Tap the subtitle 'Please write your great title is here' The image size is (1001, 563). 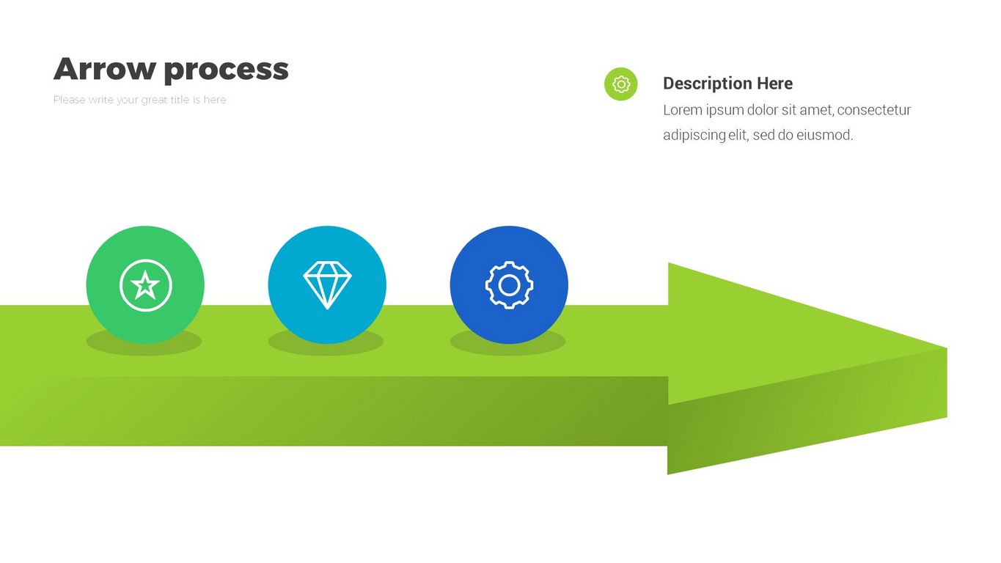click(x=139, y=100)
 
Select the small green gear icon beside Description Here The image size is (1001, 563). click(x=620, y=84)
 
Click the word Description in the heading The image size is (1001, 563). click(x=707, y=84)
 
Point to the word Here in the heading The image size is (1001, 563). click(x=774, y=84)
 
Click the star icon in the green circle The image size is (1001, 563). click(x=145, y=284)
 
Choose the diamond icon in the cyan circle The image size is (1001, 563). click(x=327, y=284)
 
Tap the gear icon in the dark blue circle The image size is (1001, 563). click(x=509, y=284)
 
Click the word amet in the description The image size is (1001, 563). click(x=813, y=110)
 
